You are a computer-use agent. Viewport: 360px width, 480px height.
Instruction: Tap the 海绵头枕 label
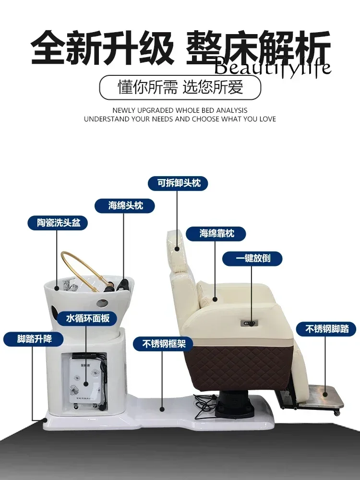[x=125, y=205]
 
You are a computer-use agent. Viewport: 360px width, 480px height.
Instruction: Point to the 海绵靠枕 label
[x=216, y=234]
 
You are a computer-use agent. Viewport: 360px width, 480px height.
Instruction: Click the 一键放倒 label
[x=252, y=258]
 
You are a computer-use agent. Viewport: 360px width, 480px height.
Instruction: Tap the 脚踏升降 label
[x=34, y=339]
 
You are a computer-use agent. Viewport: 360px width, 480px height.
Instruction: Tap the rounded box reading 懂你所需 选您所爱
[x=180, y=87]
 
